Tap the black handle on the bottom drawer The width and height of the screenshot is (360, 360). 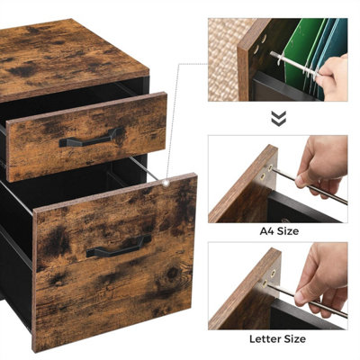(119, 246)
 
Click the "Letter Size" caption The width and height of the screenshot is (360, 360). (277, 339)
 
